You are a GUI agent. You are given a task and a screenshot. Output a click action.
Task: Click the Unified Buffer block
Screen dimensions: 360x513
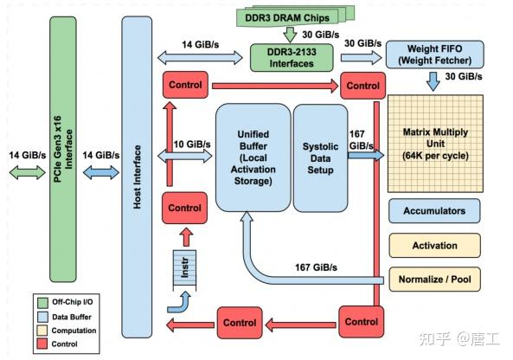click(x=253, y=157)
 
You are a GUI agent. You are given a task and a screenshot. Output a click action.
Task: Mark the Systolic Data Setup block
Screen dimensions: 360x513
click(x=319, y=157)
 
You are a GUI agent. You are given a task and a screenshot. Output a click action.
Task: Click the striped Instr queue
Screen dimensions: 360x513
click(x=183, y=267)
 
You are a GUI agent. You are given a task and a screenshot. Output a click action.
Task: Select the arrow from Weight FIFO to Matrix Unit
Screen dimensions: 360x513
click(x=433, y=80)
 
